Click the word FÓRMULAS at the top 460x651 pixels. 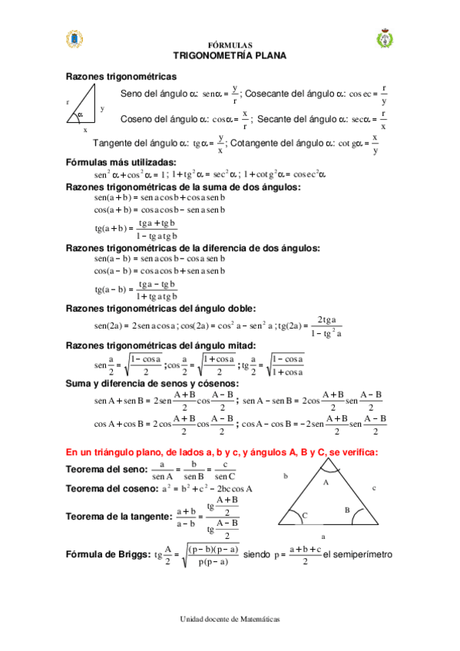point(230,45)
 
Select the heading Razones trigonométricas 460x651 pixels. point(121,76)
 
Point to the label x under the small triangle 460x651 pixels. point(85,130)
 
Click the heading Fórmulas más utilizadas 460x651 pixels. point(121,162)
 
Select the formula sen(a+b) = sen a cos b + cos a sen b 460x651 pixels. point(160,197)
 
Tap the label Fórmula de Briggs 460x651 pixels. point(108,554)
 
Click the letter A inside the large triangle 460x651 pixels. point(325,482)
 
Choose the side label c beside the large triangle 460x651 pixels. point(374,487)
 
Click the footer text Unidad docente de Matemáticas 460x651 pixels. point(230,618)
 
